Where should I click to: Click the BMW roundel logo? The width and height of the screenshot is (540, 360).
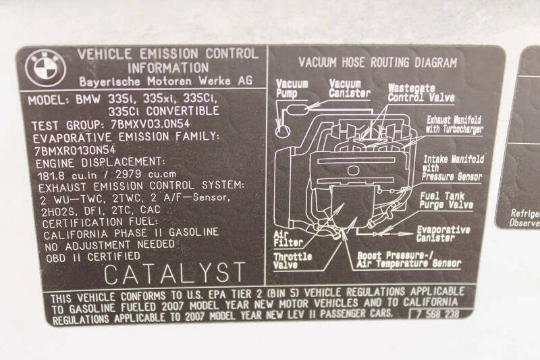pos(45,68)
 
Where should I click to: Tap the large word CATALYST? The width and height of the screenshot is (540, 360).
pos(175,273)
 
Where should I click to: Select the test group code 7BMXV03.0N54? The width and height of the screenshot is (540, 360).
pos(151,124)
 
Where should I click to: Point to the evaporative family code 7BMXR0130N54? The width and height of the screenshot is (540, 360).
pos(75,150)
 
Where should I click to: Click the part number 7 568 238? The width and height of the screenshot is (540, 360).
pos(437,314)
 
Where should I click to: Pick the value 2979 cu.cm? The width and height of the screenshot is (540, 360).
pos(146,174)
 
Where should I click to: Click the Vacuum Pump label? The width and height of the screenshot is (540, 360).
pos(292,89)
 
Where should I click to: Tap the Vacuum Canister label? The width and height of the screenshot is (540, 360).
pos(349,88)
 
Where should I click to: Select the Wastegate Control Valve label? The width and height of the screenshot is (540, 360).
pos(421,93)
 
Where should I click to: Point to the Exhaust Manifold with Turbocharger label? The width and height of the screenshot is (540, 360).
pos(454,125)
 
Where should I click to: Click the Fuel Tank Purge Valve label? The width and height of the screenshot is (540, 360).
pos(446,201)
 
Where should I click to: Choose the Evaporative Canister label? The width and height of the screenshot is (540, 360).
pos(443,234)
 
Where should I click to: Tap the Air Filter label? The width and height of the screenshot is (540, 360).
pos(288,238)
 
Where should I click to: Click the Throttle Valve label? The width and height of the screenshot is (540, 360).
pos(292,261)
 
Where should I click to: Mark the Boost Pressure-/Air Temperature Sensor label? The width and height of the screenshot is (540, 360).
pos(408,260)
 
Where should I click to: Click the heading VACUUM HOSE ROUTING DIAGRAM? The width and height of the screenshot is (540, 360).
pos(378,63)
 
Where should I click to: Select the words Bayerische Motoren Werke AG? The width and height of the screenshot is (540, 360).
pos(165,81)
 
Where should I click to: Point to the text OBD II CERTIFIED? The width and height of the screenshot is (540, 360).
pos(93,257)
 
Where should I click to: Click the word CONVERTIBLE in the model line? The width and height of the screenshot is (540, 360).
pos(182,111)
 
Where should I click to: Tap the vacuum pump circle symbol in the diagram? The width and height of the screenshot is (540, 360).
pos(283,131)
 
